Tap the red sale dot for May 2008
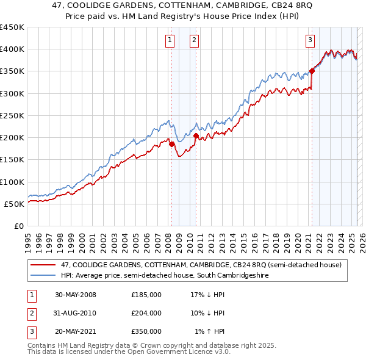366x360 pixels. click(171, 144)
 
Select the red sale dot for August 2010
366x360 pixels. click(196, 136)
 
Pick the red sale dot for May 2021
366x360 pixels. click(312, 71)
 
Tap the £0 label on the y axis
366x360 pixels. click(18, 226)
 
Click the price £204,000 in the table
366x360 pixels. click(146, 313)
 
